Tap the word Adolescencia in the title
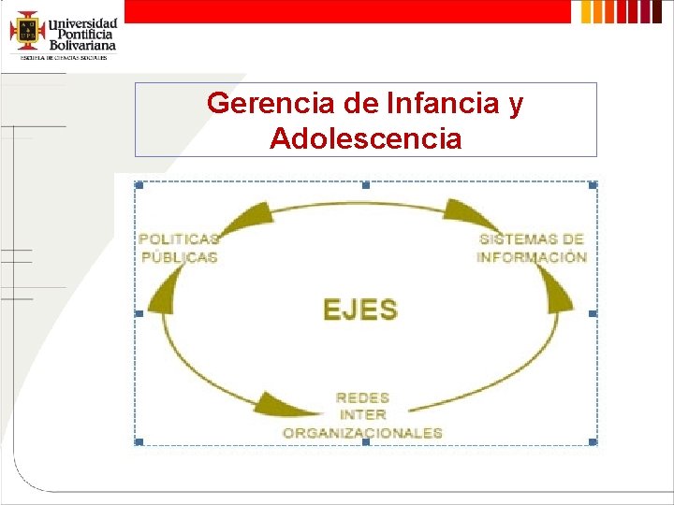point(365,139)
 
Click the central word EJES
point(360,310)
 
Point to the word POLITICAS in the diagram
point(179,239)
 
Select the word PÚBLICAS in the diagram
point(180,257)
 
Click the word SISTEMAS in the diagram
point(517,239)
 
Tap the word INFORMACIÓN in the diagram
point(532,257)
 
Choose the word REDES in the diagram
point(362,398)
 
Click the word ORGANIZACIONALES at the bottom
point(362,433)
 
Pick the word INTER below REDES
point(362,415)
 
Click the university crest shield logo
point(27,31)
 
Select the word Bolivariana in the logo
point(82,44)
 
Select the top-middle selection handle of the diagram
point(366,185)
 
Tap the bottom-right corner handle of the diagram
point(593,441)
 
